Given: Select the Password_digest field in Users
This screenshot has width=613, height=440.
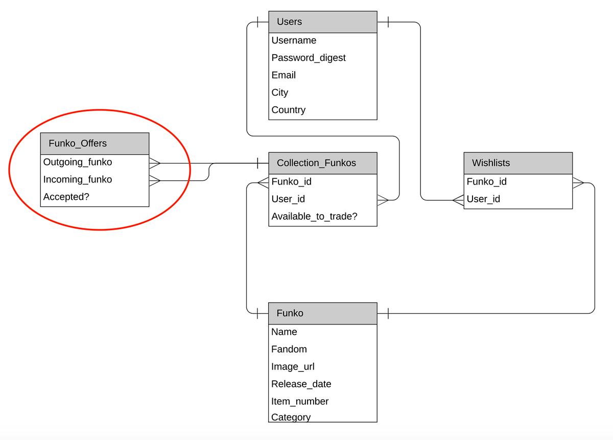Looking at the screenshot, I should coord(309,58).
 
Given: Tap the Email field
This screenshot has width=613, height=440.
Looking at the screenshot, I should coord(284,75).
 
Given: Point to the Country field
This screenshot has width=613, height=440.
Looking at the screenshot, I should coord(288,110).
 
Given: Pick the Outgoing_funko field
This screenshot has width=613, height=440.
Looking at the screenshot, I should coord(78,162).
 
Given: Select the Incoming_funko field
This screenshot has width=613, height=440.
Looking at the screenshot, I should coord(78,179).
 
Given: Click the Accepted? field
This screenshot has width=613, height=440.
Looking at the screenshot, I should coord(66,197).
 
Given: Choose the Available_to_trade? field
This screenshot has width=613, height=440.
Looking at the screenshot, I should coord(314,216).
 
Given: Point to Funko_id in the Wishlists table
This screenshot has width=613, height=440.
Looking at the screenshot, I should coord(486,181).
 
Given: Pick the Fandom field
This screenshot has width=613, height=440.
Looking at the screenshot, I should coord(289,349).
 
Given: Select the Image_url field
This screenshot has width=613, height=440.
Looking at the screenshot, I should coord(293,366).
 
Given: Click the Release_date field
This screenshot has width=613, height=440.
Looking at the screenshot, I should coord(301,384).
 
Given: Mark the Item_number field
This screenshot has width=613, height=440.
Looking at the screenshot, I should coord(300,401).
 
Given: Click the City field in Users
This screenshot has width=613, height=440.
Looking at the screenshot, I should coord(280,92).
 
